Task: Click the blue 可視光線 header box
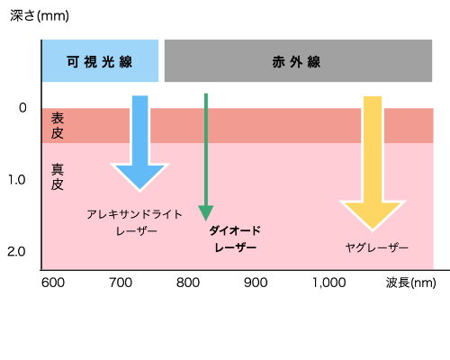(100, 61)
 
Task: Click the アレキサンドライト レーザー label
(135, 222)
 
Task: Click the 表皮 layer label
(58, 126)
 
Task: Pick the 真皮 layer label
(58, 176)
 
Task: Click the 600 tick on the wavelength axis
(53, 283)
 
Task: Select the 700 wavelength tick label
(121, 283)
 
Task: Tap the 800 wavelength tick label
(188, 283)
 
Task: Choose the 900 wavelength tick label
(256, 283)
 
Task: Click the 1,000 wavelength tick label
(329, 283)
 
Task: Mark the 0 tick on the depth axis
(22, 109)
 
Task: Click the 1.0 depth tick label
(16, 179)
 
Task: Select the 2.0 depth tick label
(16, 251)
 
